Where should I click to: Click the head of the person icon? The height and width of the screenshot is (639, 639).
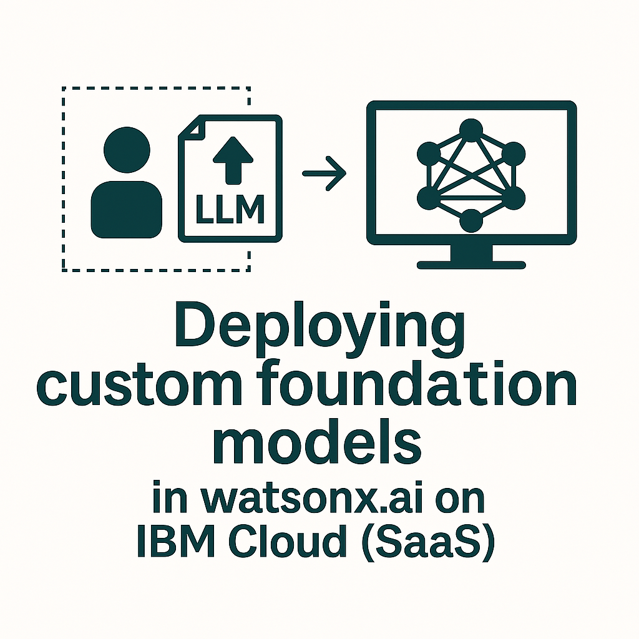click(x=127, y=150)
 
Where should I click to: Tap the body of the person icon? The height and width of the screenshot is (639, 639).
click(x=126, y=210)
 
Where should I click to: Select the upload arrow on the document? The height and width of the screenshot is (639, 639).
click(x=233, y=160)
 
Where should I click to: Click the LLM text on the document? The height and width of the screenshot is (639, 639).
click(x=230, y=209)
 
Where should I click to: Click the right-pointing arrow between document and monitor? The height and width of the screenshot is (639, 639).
click(x=324, y=173)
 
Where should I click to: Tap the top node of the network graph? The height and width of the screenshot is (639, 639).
click(x=471, y=130)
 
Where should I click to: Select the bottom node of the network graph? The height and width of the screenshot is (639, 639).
click(x=471, y=221)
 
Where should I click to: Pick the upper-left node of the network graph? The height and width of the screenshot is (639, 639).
click(x=429, y=154)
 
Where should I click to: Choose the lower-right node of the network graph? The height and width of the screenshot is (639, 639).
click(x=514, y=198)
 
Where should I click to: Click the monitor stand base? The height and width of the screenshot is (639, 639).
click(x=471, y=265)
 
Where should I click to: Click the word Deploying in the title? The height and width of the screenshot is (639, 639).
click(x=320, y=329)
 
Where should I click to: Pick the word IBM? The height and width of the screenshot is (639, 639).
click(x=175, y=541)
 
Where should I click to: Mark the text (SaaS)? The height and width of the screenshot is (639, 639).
click(x=428, y=542)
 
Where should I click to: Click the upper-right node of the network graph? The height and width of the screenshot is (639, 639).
click(x=514, y=154)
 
